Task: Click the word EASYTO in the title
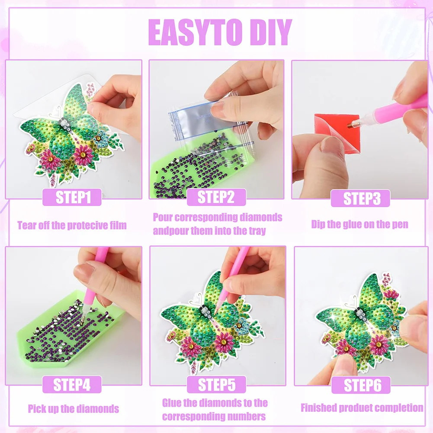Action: [196, 32]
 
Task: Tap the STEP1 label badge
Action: [72, 197]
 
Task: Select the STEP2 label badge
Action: [216, 197]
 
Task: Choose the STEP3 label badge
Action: [360, 198]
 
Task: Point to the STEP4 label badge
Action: [72, 385]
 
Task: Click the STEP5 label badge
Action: [216, 385]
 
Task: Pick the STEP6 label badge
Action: [361, 385]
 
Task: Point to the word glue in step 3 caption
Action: [353, 224]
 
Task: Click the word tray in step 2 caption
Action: [257, 231]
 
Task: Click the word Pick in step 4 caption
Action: [36, 409]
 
